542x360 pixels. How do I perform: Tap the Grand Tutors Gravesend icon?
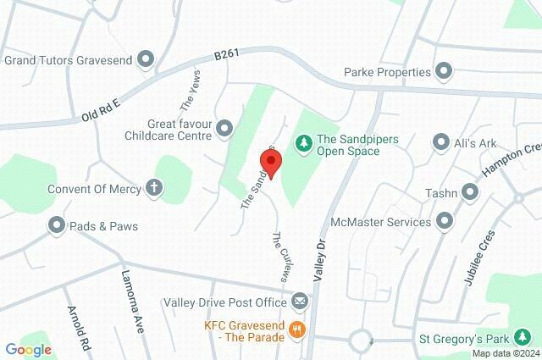point(147,59)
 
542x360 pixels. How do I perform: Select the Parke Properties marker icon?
point(443,71)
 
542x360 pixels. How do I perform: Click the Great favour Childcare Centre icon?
point(224,128)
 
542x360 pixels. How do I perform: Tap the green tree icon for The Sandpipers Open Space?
point(302,144)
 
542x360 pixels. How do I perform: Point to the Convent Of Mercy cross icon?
point(153,188)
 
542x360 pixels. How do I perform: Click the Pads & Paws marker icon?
point(57,225)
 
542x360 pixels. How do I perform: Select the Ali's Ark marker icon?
point(440,142)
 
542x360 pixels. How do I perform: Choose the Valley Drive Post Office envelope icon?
point(300,301)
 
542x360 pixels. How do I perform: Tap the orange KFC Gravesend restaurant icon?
point(296,330)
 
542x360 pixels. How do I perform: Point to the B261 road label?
point(226,54)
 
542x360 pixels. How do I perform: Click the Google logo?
point(28,349)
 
